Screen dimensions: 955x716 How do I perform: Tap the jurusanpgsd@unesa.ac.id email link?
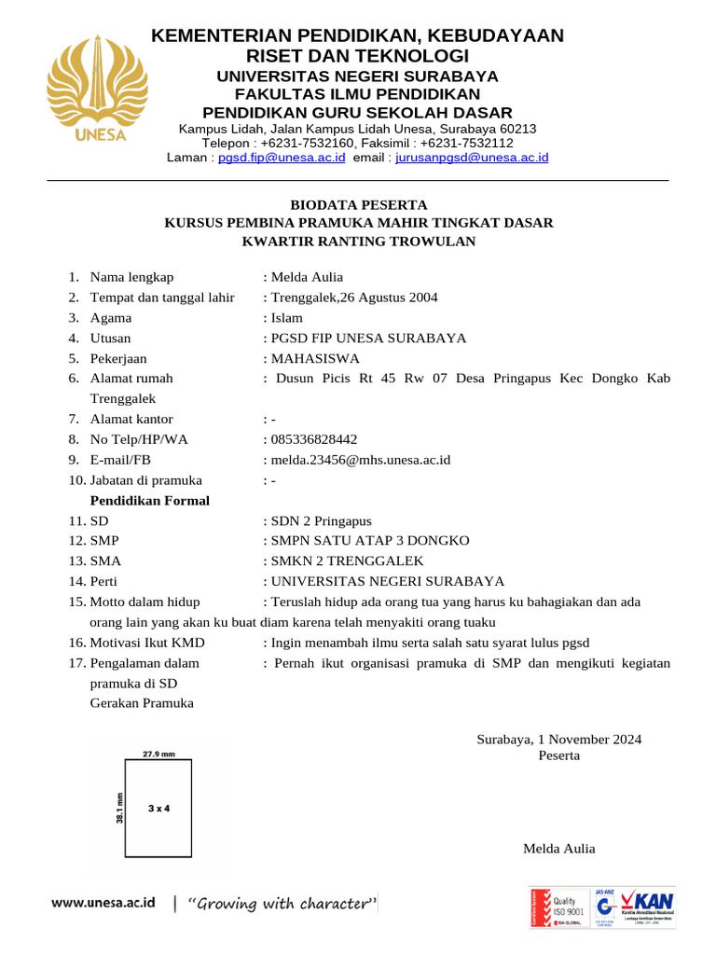coord(472,159)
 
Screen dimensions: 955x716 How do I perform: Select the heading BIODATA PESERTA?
coord(358,204)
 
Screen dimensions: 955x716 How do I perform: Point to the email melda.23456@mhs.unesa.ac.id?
coord(361,460)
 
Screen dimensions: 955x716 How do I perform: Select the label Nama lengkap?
coord(131,277)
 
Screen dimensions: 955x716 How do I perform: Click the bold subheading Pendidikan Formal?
coord(149,501)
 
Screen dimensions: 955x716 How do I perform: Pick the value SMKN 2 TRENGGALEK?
coord(346,561)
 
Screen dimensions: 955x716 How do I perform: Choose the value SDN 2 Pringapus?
coord(321,520)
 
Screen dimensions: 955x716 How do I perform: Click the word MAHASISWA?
coord(314,358)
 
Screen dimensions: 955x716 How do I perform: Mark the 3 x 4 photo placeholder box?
coord(158,808)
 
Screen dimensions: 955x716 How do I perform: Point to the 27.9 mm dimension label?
coord(158,753)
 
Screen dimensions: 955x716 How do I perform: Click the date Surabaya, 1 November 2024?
coord(558,740)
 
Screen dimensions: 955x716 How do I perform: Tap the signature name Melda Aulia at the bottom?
coord(558,848)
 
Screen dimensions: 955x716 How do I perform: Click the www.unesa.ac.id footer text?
coord(103,904)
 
